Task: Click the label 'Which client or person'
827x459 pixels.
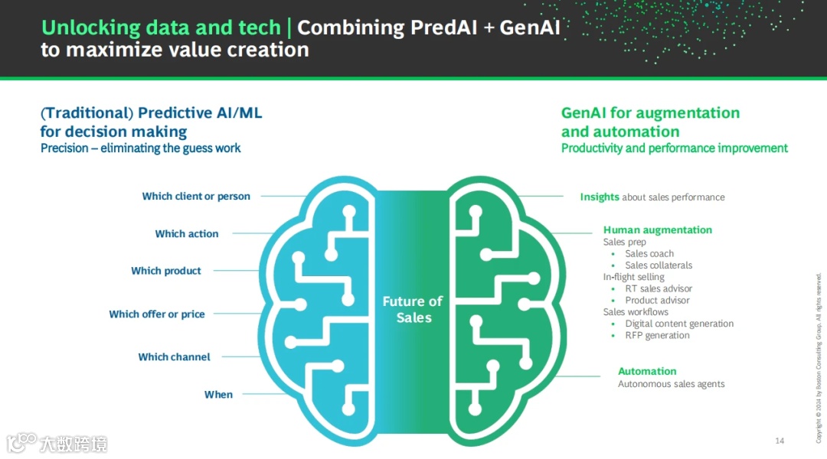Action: (x=196, y=197)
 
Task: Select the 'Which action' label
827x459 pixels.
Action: (x=187, y=234)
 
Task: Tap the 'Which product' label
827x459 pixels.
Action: (x=166, y=271)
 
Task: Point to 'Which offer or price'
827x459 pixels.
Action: (x=157, y=314)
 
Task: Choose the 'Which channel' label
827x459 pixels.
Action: (x=174, y=357)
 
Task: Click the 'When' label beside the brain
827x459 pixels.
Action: (x=218, y=395)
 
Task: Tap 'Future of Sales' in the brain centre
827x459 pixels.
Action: (x=413, y=309)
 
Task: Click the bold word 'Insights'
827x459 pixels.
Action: (x=600, y=197)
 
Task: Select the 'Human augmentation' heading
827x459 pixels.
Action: (x=657, y=230)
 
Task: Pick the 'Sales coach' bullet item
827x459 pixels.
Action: (x=649, y=254)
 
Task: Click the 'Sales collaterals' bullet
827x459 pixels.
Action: (x=659, y=265)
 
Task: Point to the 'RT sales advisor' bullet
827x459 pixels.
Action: (x=659, y=289)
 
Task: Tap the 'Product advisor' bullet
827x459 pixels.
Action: (x=657, y=301)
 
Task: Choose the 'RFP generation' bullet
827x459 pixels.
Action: (x=657, y=336)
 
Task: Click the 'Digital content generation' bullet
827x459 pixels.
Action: (x=679, y=324)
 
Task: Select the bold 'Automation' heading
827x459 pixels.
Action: (x=647, y=372)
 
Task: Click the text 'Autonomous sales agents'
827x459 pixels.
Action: (x=671, y=384)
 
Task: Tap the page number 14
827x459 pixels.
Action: (x=780, y=441)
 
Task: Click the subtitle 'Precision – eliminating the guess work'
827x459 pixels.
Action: (x=141, y=148)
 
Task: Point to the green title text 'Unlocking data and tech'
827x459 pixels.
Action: (x=161, y=28)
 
